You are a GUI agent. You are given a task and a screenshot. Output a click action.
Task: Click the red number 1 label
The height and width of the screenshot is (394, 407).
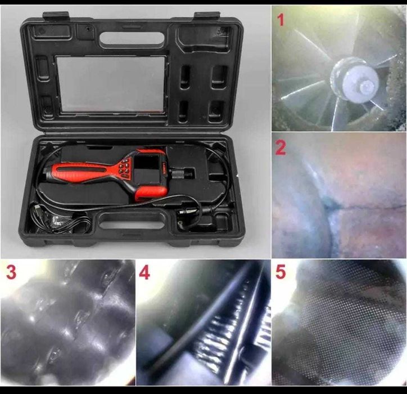click(281, 20)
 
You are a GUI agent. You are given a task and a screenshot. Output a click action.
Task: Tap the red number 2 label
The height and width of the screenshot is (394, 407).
click(281, 148)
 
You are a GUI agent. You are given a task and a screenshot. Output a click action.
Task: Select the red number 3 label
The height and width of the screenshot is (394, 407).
click(11, 272)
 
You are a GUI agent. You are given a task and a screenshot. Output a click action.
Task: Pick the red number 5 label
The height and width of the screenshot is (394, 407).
click(281, 272)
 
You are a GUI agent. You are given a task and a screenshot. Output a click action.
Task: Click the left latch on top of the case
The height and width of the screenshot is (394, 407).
click(56, 16)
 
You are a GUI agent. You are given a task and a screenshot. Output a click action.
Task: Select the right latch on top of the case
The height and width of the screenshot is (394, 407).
click(207, 16)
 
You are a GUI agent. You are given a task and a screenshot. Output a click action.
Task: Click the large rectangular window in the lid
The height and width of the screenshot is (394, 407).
click(111, 84)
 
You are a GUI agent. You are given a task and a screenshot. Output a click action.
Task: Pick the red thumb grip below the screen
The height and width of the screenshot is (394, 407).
click(151, 193)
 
